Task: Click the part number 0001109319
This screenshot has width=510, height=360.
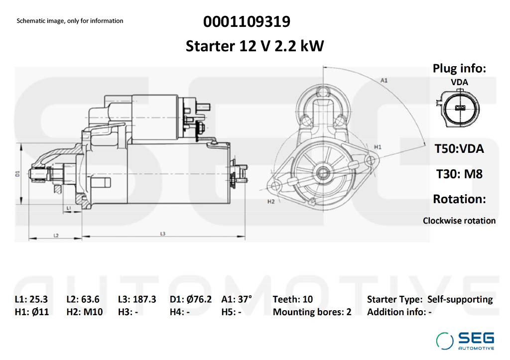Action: click(247, 22)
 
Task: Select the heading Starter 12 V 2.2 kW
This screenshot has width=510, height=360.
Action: click(255, 46)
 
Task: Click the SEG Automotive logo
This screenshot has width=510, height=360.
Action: click(465, 341)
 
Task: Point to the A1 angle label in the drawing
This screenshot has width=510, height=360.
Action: click(384, 80)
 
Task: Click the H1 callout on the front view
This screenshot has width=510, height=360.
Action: click(378, 147)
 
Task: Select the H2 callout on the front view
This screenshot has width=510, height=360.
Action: click(271, 202)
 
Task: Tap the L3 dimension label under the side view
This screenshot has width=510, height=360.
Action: click(163, 234)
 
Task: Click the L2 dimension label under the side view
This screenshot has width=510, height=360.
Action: click(56, 235)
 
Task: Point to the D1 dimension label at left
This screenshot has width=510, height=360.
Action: click(17, 174)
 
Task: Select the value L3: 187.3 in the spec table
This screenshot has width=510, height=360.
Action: click(137, 299)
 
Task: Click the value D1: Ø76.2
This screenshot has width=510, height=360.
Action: click(191, 299)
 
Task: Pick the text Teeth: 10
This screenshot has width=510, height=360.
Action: click(293, 299)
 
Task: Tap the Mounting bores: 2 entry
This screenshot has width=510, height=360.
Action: click(312, 312)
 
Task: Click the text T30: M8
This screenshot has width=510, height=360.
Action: click(459, 173)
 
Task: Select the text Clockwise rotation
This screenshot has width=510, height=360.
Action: click(459, 220)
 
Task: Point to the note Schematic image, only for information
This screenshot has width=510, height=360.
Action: click(70, 21)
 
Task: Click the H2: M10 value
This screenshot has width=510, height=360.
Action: click(85, 312)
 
